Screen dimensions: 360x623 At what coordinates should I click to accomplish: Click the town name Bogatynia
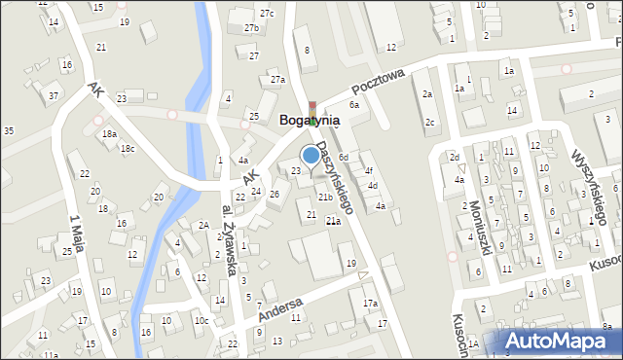tap(310, 121)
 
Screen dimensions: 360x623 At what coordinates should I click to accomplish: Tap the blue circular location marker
tap(311, 154)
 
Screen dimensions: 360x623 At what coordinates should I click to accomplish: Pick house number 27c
tap(267, 13)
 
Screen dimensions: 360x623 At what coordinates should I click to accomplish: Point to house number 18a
tap(110, 134)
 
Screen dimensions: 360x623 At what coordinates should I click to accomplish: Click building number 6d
tap(344, 157)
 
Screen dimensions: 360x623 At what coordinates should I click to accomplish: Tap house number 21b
tap(325, 198)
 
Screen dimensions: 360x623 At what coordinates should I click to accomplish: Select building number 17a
tap(370, 304)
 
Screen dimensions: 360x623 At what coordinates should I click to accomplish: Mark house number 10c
tap(201, 320)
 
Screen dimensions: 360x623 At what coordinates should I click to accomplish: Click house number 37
tap(54, 95)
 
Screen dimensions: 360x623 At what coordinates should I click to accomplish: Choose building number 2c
tap(429, 122)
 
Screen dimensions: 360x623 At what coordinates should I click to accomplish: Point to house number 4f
tap(368, 171)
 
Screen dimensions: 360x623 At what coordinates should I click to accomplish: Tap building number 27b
tap(251, 28)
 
